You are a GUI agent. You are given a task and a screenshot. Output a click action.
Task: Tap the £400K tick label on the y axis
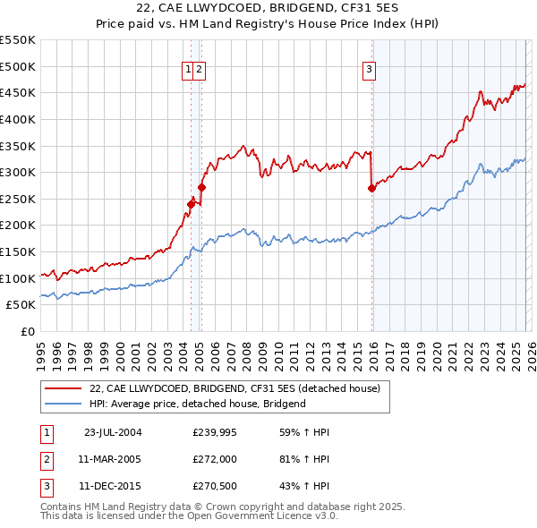[18, 119]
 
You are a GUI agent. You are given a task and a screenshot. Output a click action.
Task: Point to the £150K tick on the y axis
[18, 251]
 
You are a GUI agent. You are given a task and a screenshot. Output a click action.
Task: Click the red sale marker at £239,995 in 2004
[191, 204]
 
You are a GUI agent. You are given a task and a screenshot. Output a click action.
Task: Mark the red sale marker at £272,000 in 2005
[201, 187]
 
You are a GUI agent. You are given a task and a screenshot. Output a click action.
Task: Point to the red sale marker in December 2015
[371, 188]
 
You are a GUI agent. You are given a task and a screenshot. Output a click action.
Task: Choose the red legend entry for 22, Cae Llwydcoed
[234, 388]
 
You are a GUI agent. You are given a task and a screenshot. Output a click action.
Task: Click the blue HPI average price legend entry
[198, 404]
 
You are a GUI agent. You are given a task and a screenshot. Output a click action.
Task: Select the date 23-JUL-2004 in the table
[113, 432]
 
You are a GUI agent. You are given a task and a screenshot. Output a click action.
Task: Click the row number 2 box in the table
[46, 460]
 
